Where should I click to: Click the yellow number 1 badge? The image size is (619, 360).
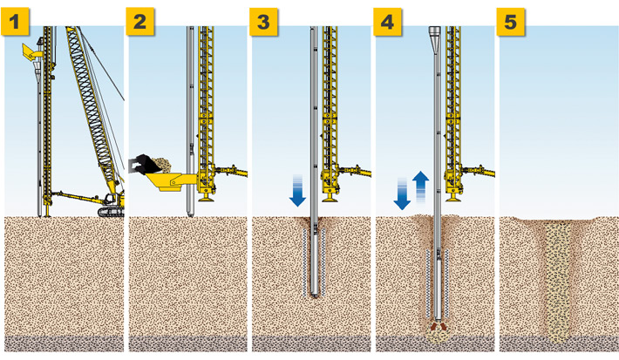click(15, 21)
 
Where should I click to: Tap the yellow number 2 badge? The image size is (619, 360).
click(139, 21)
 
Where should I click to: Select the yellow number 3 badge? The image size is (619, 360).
click(263, 21)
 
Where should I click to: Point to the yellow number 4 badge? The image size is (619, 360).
click(387, 21)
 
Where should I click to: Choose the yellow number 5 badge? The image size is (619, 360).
click(510, 21)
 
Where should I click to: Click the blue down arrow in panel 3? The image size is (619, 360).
click(297, 191)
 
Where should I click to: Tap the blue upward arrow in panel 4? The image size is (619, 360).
click(421, 187)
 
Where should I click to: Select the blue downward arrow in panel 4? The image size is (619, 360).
click(402, 194)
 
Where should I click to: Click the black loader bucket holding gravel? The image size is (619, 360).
click(146, 164)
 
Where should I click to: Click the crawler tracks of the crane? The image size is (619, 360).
click(111, 212)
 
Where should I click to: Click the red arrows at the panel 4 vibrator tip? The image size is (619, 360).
click(439, 326)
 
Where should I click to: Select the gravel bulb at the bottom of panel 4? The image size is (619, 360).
click(439, 335)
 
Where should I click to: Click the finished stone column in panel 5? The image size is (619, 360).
click(557, 281)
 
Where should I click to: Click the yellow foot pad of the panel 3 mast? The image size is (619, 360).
click(329, 199)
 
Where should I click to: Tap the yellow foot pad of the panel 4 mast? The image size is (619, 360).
click(452, 198)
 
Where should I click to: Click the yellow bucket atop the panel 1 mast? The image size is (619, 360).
click(31, 51)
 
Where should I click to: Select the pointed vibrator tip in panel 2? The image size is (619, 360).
click(190, 214)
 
